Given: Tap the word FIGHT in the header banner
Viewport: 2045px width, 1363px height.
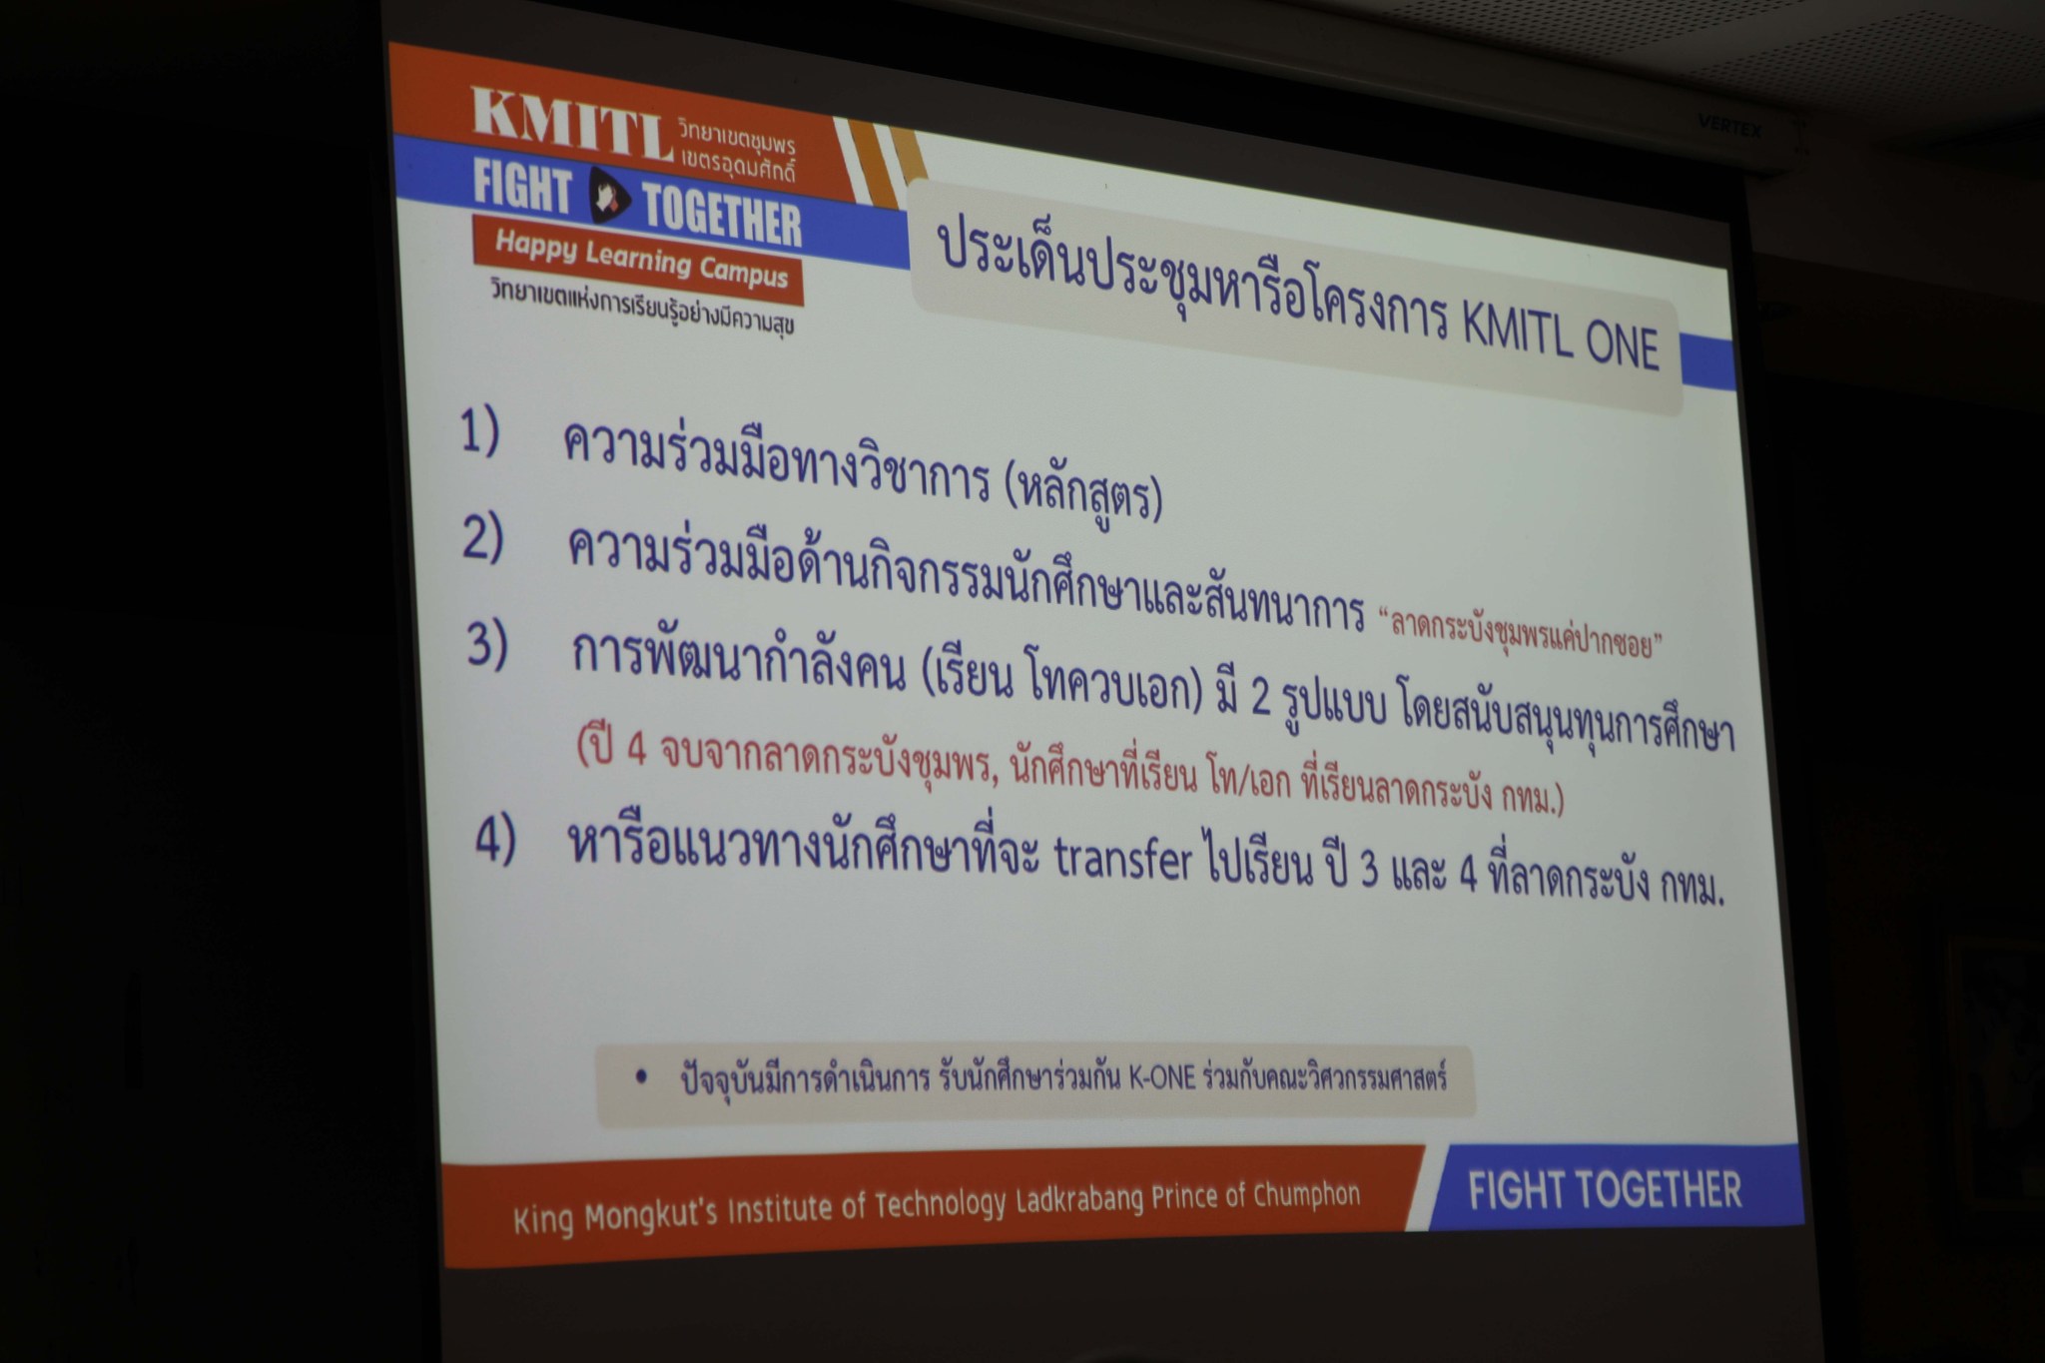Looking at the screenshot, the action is pyautogui.click(x=522, y=187).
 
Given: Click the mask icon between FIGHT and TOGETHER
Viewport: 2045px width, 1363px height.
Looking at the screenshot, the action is pyautogui.click(x=606, y=196).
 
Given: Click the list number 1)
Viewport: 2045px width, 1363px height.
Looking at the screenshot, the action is pyautogui.click(x=479, y=431).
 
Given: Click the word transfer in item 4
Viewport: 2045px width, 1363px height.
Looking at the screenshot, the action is pyautogui.click(x=1123, y=862).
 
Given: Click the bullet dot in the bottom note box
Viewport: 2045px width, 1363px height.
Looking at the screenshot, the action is pyautogui.click(x=640, y=1077).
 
